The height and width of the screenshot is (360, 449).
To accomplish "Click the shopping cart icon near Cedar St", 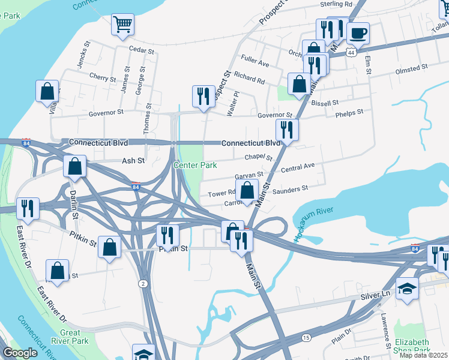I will pos(122,25).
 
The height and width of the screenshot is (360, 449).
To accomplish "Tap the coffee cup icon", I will pos(358,34).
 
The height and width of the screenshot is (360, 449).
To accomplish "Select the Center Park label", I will pos(195,165).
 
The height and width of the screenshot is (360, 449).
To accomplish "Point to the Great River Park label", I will pos(74,337).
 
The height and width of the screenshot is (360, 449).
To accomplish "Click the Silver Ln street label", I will pos(376,296).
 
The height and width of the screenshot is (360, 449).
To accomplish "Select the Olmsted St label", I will pos(411,69).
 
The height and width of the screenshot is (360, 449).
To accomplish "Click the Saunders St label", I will pos(290,188).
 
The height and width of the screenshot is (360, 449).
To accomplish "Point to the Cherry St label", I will pos(102,78).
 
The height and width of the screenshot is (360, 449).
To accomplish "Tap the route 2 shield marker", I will pos(142,283).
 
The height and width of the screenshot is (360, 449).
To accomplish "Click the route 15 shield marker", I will pos(307,338).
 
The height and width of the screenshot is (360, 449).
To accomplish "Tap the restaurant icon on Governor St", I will pos(203,96).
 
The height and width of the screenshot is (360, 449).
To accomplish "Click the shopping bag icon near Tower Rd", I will pos(247,190).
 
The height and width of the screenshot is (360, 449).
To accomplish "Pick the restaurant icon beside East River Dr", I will pos(28,208).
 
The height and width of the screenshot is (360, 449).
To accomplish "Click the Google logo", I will pos(20,353).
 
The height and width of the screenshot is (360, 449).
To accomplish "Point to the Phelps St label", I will pos(349,112).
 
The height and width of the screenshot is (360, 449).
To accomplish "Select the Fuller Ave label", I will pos(255,63).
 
